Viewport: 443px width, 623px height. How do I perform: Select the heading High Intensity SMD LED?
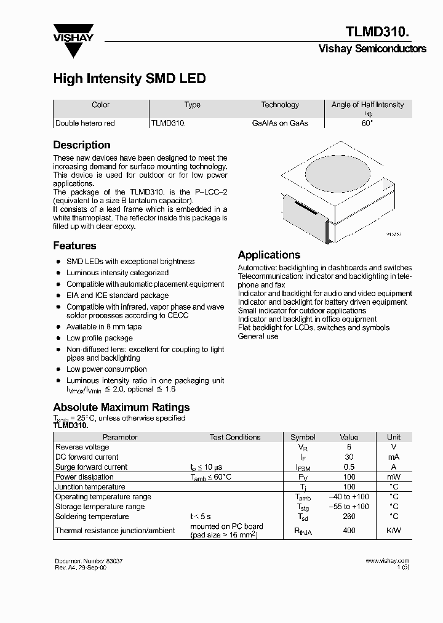tap(129, 79)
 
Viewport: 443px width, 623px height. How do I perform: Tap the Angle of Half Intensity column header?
tap(367, 105)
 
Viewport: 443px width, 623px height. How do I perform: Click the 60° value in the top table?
tap(367, 123)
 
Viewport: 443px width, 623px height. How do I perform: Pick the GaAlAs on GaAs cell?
tap(280, 123)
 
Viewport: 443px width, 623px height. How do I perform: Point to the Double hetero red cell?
tap(85, 123)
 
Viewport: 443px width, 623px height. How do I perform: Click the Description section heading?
tap(82, 145)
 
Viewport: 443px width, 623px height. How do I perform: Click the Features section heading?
tap(74, 246)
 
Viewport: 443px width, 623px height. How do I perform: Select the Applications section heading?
tap(269, 255)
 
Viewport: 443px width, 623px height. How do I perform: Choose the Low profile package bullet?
tap(100, 338)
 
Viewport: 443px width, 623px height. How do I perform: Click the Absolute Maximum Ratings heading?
tap(121, 408)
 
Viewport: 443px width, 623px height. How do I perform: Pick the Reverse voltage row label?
tap(82, 447)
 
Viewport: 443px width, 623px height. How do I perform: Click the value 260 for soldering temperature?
tap(349, 516)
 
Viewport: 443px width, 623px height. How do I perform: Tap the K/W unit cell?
tap(393, 530)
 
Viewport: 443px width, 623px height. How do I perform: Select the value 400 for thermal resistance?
tap(349, 530)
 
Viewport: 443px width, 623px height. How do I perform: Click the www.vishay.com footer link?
tap(387, 561)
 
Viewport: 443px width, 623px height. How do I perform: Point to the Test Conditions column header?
tap(235, 437)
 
